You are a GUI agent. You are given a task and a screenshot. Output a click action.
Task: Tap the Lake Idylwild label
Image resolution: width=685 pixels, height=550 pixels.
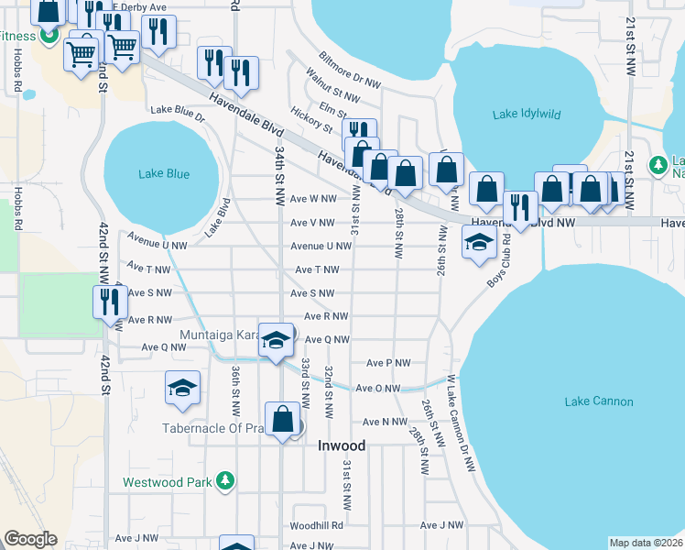(527, 115)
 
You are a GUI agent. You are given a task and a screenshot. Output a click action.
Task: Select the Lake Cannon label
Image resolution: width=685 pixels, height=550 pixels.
(599, 401)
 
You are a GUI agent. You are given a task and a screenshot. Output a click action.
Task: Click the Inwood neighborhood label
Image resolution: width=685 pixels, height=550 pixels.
(342, 446)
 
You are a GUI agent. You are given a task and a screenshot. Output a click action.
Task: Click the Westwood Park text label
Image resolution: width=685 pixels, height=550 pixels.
(169, 480)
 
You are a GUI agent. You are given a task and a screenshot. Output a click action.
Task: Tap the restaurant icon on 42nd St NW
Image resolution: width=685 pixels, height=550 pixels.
(110, 302)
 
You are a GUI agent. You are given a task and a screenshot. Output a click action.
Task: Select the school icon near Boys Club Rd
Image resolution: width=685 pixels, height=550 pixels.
(478, 243)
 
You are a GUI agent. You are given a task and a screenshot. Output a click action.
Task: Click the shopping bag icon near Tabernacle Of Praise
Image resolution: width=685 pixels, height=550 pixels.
(283, 420)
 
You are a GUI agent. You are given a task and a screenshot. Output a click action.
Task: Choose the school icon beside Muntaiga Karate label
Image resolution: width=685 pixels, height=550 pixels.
(274, 340)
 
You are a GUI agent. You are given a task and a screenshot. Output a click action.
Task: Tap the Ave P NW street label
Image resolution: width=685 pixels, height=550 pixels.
(388, 363)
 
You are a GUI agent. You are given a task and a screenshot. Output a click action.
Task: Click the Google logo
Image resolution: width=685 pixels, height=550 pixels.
(30, 539)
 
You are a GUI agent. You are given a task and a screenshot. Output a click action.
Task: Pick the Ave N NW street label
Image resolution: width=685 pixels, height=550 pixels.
(385, 422)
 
